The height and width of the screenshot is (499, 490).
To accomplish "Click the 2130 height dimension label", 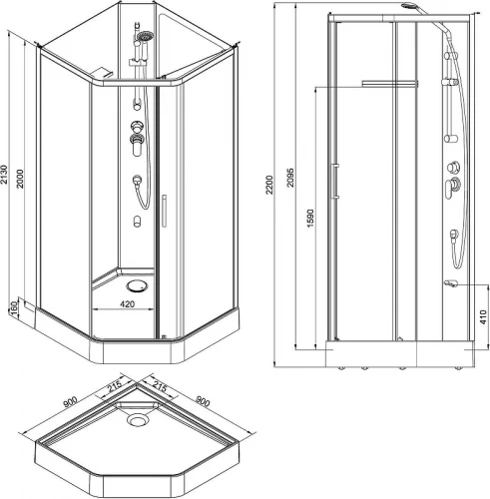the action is click(4, 175).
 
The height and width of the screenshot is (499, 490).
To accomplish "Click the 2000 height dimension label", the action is click(21, 179).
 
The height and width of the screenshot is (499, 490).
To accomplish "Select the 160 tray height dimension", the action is click(14, 308).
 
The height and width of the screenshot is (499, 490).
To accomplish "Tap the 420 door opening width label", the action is click(128, 303).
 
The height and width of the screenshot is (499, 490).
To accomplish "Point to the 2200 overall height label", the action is click(269, 185).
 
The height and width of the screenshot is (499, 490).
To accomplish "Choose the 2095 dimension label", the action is click(290, 178).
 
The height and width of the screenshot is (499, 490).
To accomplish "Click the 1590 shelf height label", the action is click(310, 219).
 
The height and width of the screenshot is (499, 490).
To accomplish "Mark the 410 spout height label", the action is click(483, 316).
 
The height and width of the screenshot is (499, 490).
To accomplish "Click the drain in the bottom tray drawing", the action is click(138, 419).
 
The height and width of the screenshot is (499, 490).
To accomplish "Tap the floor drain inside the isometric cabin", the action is click(137, 286).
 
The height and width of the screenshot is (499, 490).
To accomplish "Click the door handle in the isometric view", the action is click(164, 211).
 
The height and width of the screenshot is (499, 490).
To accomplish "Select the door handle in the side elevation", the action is click(335, 181).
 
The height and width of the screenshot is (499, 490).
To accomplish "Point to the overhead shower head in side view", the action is click(408, 6).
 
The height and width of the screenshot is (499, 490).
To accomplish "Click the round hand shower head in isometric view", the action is click(146, 36).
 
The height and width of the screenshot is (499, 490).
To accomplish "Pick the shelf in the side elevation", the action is click(389, 83).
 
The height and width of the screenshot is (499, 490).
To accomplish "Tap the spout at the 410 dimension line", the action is click(451, 283).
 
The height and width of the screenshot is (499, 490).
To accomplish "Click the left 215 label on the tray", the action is click(114, 386).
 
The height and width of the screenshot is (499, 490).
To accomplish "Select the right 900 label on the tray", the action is click(202, 401).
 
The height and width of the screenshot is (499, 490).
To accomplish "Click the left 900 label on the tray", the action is click(70, 401).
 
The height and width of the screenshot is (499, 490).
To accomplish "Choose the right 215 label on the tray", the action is click(160, 386).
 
